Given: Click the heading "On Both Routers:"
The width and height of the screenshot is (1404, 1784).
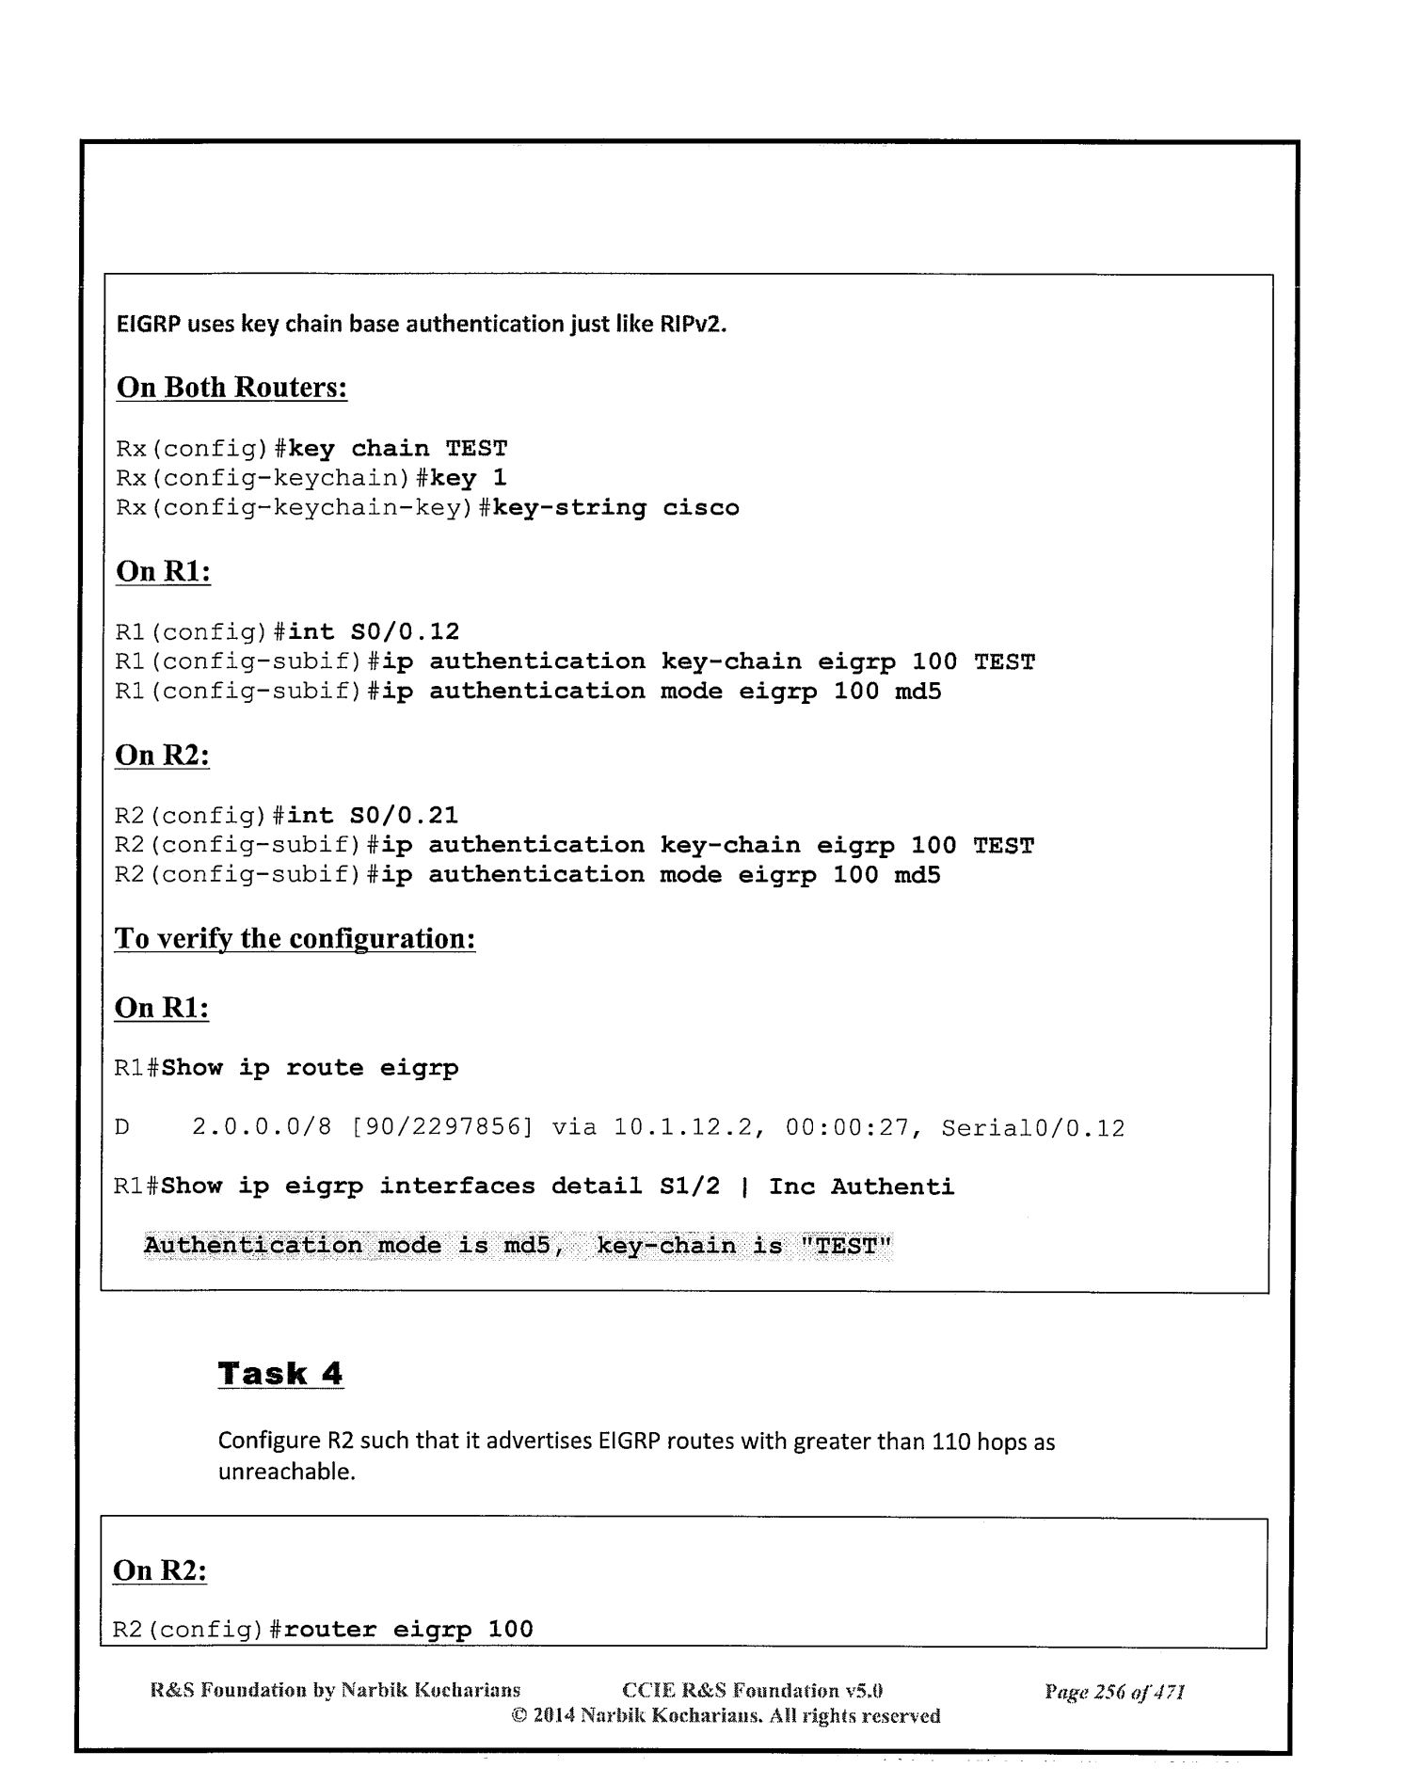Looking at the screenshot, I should (231, 388).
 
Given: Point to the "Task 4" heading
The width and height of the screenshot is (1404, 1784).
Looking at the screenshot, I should (280, 1374).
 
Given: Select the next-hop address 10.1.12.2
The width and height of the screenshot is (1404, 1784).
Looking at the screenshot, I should (684, 1127).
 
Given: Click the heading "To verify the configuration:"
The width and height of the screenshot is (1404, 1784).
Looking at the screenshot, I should (295, 939).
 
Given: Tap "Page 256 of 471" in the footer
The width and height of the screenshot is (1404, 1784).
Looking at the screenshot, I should (1114, 1693).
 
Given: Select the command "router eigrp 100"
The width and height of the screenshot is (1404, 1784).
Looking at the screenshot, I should (408, 1630).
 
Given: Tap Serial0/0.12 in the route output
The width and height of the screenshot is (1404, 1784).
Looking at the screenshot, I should (1032, 1127).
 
